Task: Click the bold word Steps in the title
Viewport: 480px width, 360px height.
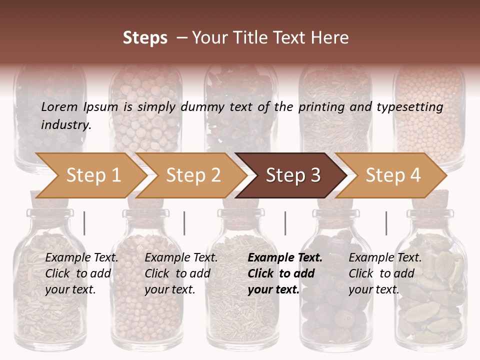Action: pyautogui.click(x=145, y=38)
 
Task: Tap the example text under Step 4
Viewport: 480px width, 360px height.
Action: pyautogui.click(x=385, y=273)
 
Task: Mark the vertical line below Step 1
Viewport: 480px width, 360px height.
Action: pyautogui.click(x=84, y=223)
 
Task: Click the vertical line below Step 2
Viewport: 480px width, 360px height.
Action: pyautogui.click(x=184, y=223)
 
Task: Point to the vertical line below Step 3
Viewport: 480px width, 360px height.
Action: pyautogui.click(x=285, y=223)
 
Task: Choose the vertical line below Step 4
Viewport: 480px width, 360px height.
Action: pyautogui.click(x=386, y=223)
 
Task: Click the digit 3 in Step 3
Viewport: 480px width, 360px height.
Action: pyautogui.click(x=315, y=175)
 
